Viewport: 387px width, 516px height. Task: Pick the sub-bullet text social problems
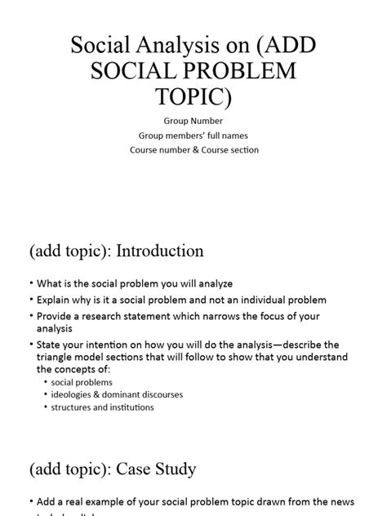[82, 381]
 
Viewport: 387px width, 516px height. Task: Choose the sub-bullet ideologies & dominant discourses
[117, 394]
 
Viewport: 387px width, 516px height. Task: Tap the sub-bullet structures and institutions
[102, 407]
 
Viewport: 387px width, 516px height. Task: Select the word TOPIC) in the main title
[193, 100]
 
